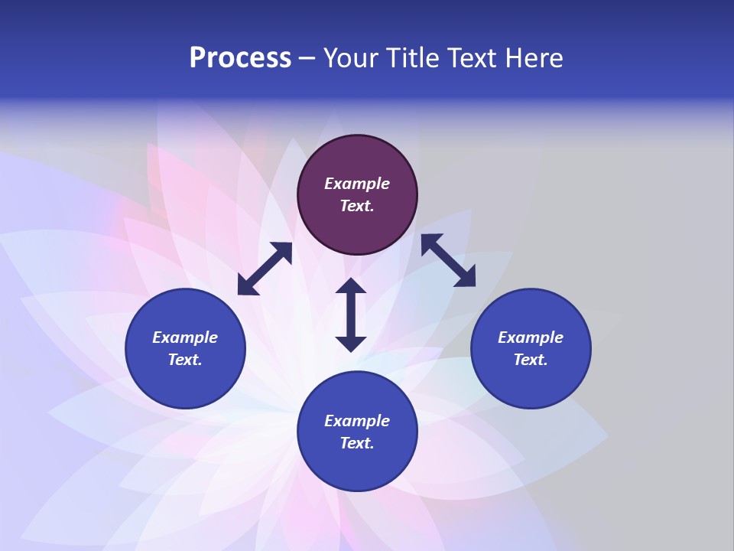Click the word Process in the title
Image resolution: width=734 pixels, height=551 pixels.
tap(240, 58)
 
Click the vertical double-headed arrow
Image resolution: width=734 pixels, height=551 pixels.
tap(351, 315)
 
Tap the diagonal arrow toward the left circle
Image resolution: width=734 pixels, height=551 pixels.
tap(265, 269)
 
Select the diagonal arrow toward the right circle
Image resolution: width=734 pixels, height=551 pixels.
tap(448, 260)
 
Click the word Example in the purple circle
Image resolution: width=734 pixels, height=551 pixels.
tap(357, 184)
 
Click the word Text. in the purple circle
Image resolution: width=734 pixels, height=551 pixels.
tap(357, 206)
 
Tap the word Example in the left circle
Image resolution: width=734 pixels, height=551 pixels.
tap(185, 337)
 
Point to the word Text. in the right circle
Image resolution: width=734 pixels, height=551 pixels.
tap(531, 360)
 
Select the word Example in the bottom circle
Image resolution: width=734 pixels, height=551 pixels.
tap(357, 421)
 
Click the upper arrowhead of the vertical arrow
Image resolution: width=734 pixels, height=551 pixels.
tap(351, 286)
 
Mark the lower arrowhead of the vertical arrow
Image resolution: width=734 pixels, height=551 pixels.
tap(351, 344)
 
